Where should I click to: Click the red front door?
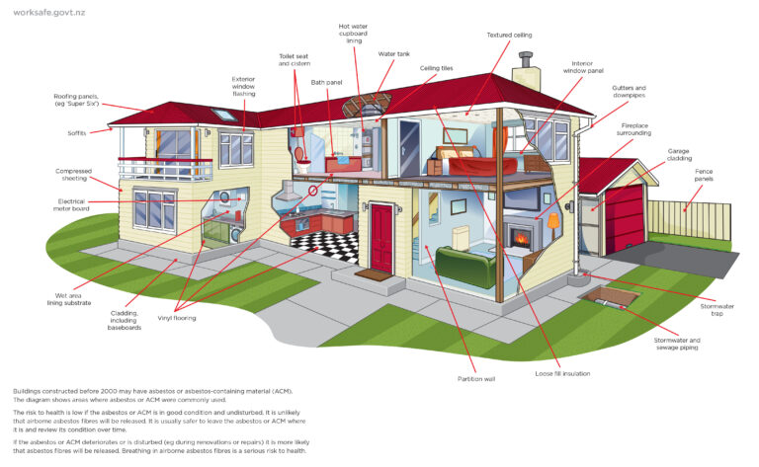[x=381, y=238]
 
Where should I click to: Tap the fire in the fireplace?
[x=521, y=238]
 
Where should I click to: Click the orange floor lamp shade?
[x=553, y=221]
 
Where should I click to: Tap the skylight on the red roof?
[x=224, y=115]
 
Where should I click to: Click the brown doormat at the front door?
[x=374, y=275]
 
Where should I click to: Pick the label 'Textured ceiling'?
[x=509, y=35]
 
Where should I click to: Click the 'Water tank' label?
[x=393, y=54]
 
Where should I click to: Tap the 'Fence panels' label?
[x=704, y=175]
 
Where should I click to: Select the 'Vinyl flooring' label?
[x=177, y=318]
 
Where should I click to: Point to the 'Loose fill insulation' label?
[x=562, y=373]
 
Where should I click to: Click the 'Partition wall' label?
[x=476, y=379]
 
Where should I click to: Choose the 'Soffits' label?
[x=76, y=133]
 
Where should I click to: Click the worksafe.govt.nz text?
[x=48, y=13]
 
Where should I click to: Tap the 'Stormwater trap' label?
[x=717, y=310]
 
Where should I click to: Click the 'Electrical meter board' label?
[x=71, y=205]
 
